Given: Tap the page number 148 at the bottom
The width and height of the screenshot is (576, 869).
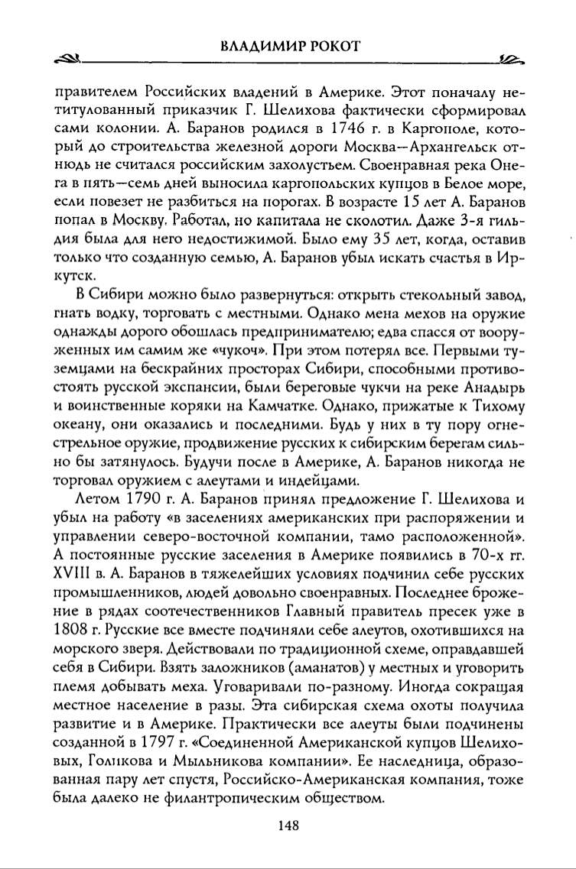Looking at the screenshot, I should click(288, 825).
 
